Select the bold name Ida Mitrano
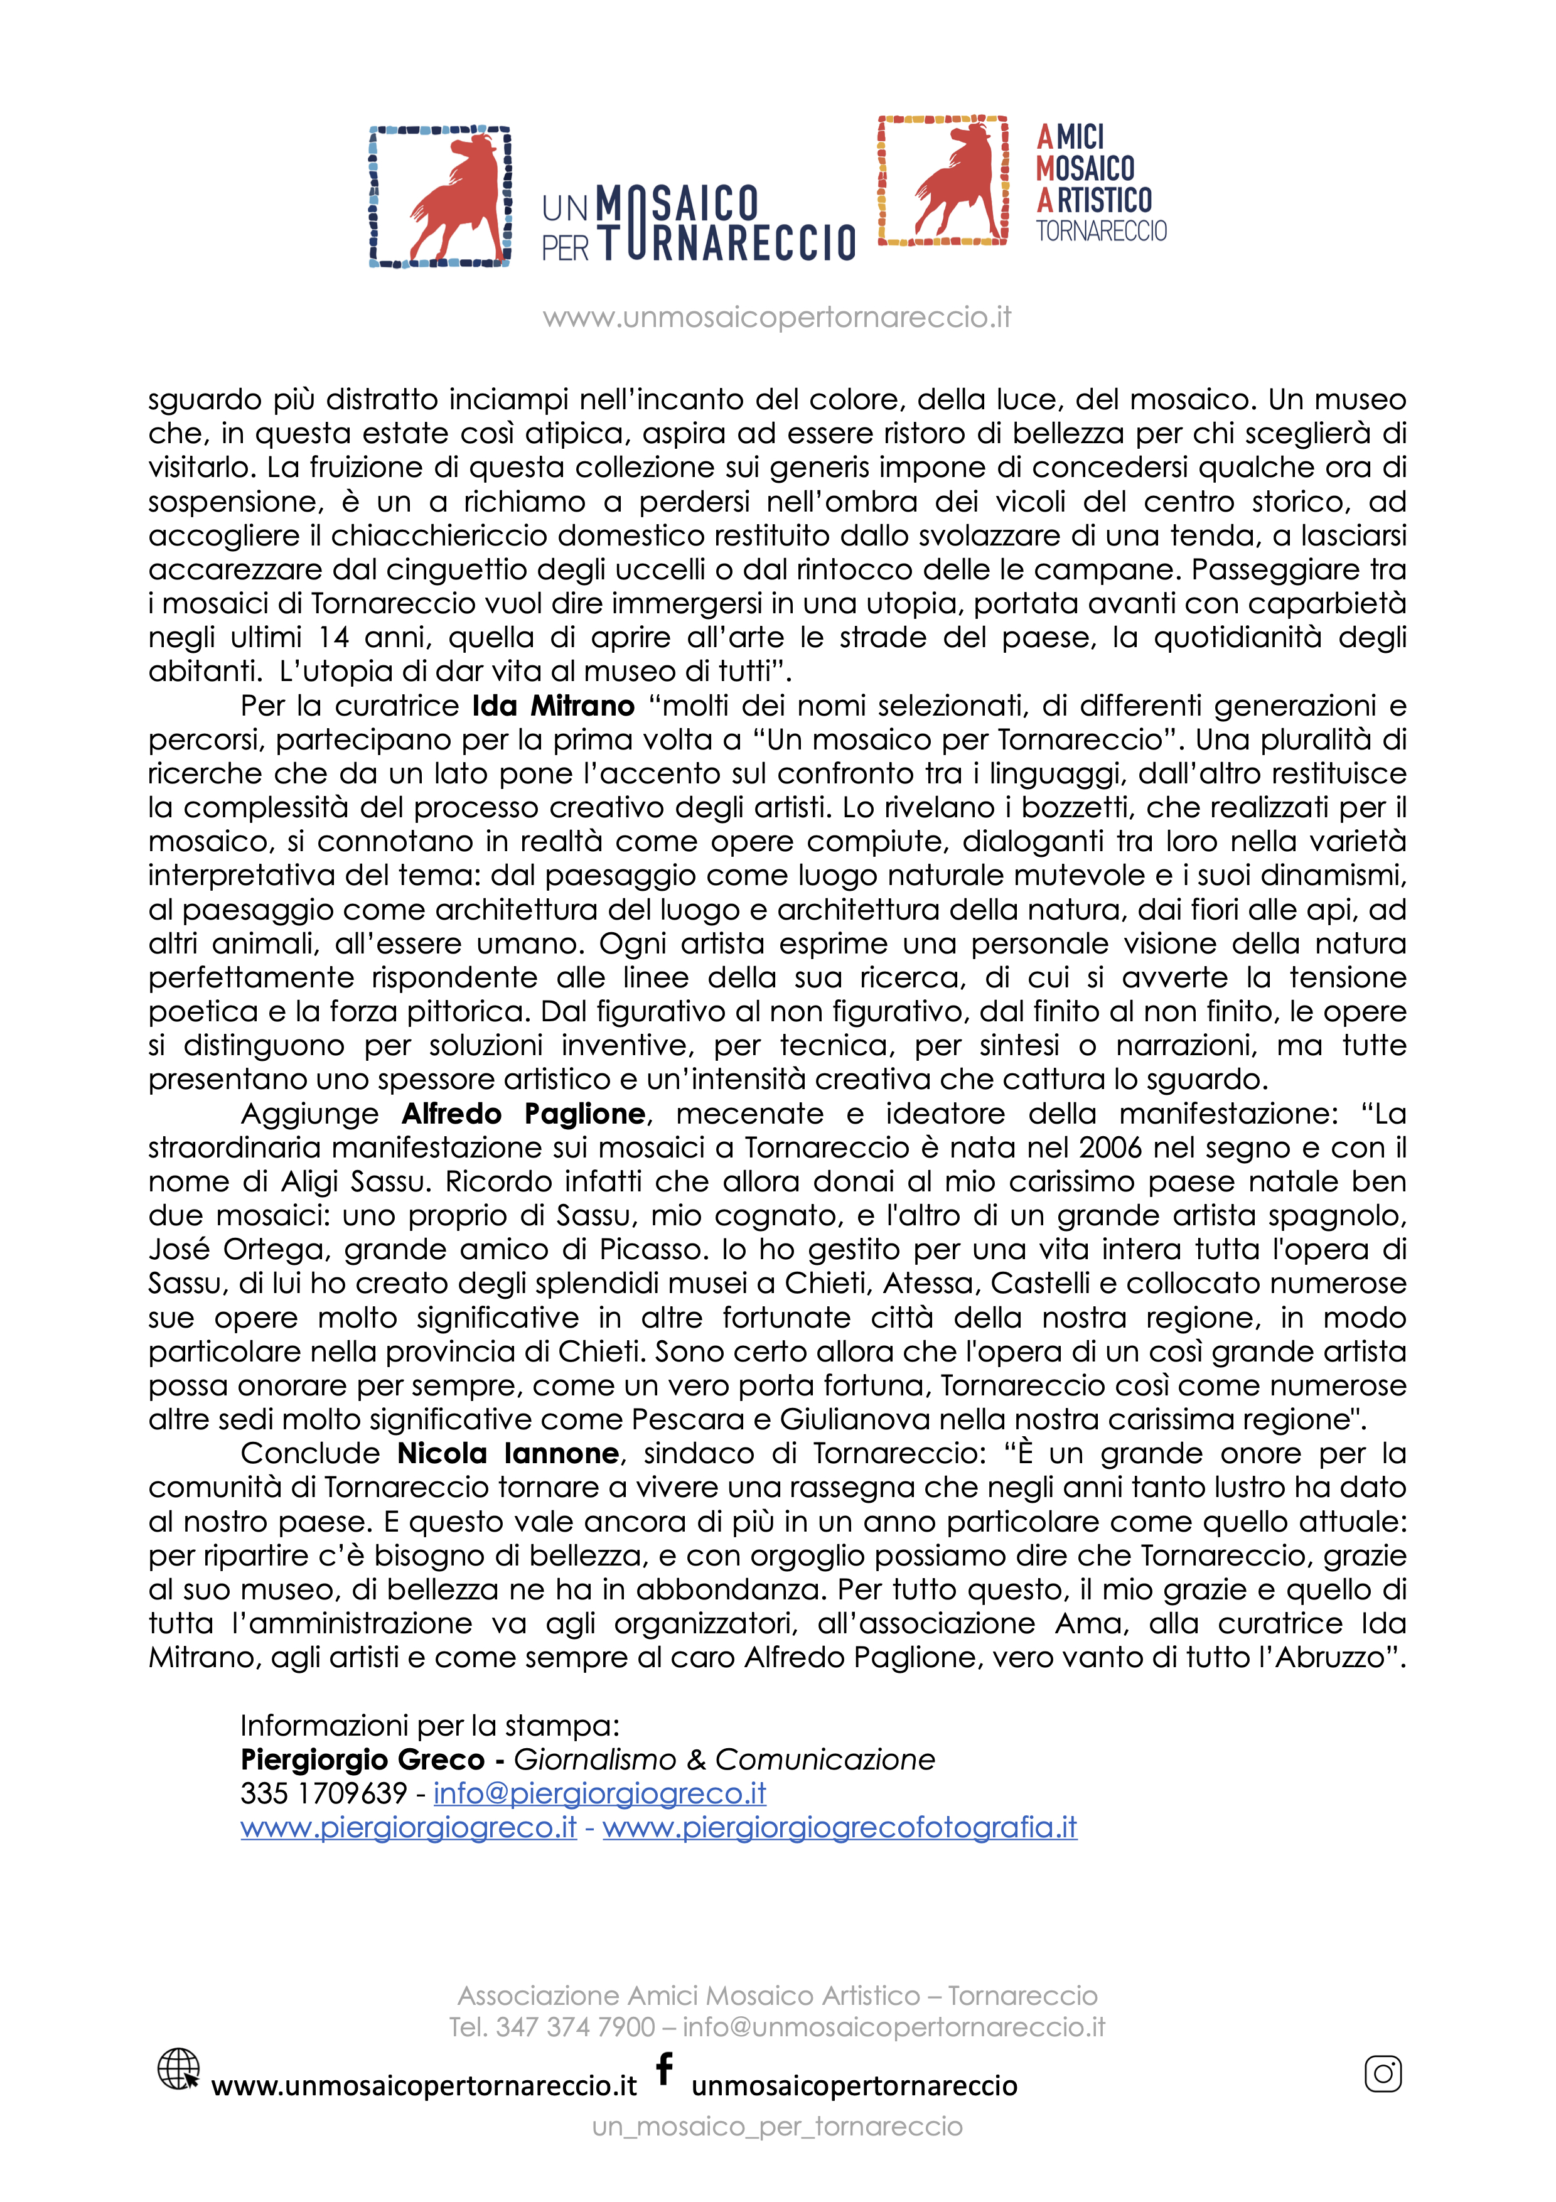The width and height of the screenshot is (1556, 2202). (x=553, y=706)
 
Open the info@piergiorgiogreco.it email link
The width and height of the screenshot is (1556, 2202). (x=599, y=1793)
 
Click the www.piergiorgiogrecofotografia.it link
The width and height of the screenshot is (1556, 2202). (x=840, y=1827)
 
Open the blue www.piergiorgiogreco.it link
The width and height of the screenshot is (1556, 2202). (x=409, y=1827)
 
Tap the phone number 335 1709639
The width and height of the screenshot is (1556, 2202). (x=324, y=1793)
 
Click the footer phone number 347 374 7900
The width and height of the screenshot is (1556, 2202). (x=575, y=2026)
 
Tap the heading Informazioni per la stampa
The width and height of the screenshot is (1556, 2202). (x=429, y=1726)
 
